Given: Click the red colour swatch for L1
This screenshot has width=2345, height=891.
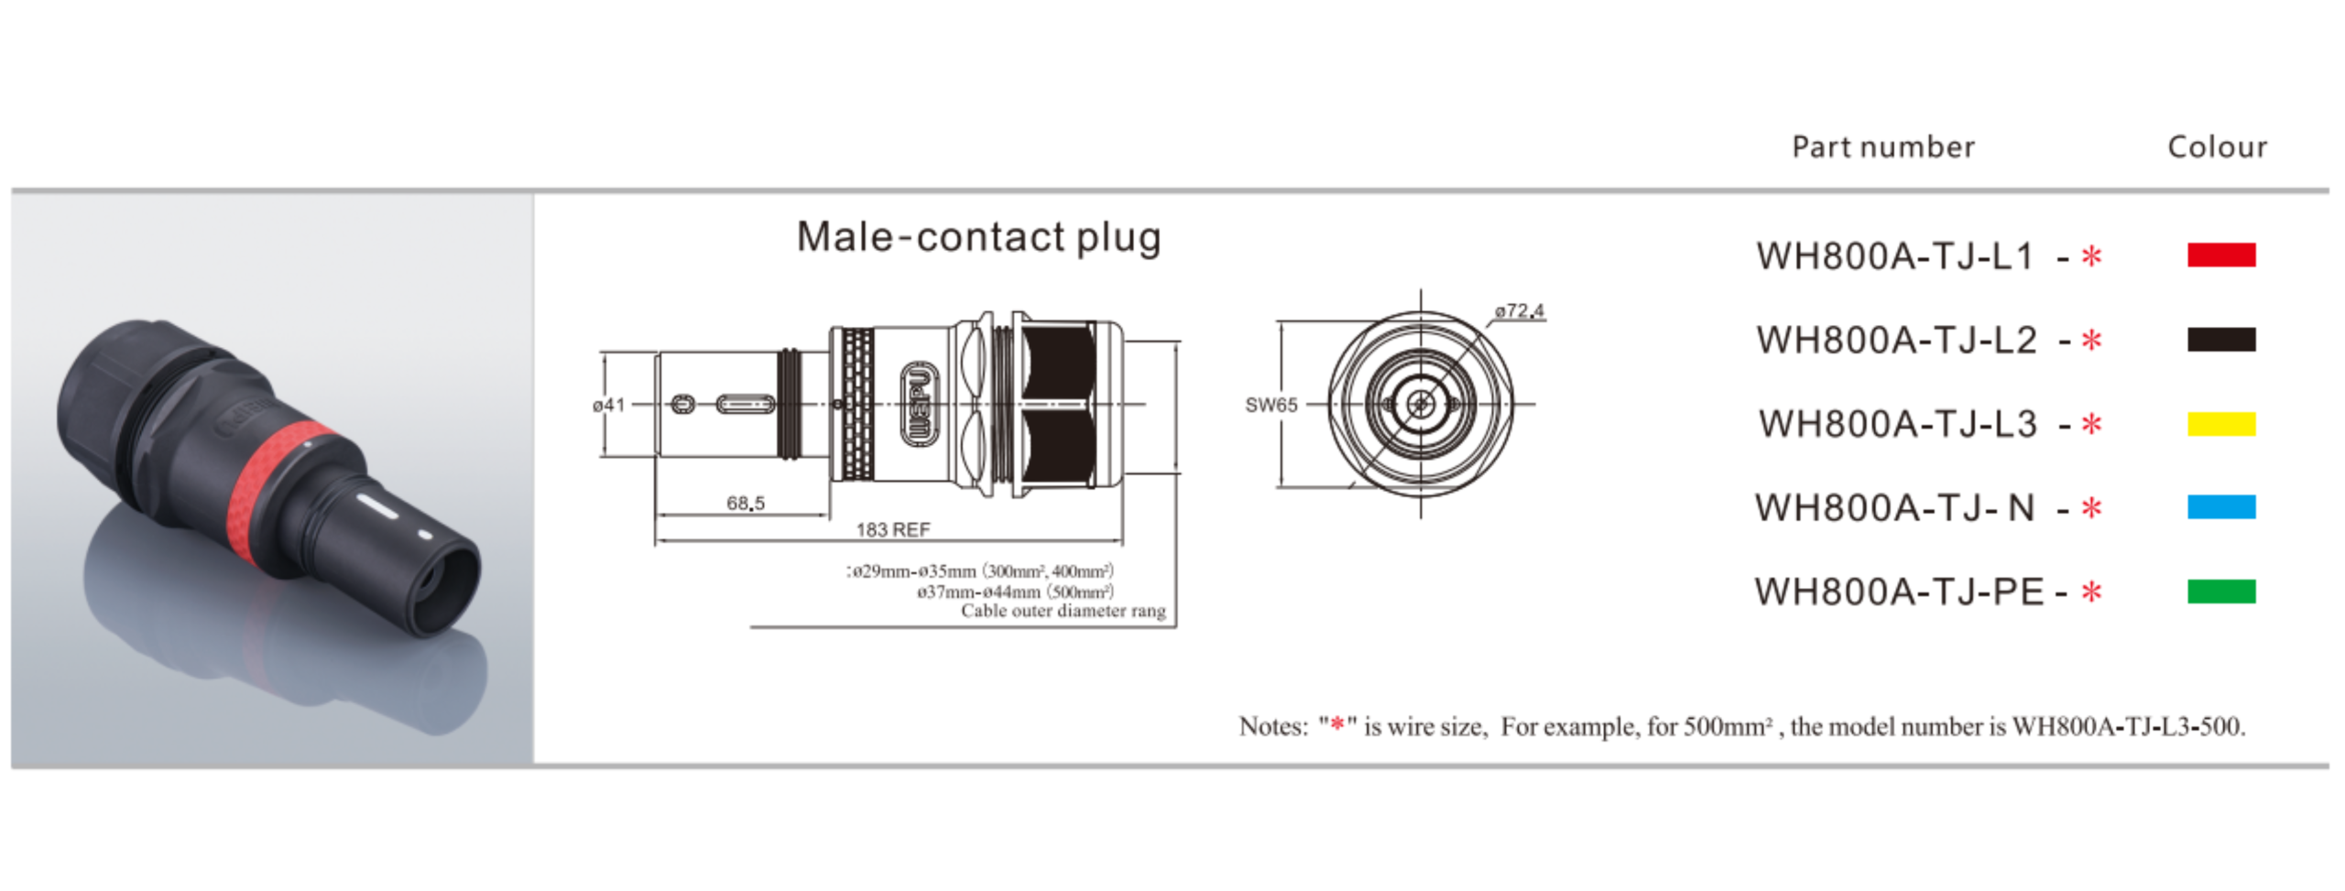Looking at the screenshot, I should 2220,255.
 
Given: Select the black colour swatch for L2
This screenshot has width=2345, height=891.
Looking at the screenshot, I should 2220,340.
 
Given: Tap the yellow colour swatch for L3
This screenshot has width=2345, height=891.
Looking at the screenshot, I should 2220,424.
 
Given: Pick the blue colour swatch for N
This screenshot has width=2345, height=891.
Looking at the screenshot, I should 2220,506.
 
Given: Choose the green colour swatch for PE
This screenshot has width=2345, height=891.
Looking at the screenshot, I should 2220,592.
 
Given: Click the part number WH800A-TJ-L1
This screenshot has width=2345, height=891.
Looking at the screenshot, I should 1894,256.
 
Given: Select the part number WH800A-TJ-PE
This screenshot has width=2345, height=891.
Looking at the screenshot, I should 1898,592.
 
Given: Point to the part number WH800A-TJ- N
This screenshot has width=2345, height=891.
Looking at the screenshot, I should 1894,508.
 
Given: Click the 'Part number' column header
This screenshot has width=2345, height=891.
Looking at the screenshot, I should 1882,147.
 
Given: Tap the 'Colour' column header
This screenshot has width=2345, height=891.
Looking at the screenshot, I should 2217,147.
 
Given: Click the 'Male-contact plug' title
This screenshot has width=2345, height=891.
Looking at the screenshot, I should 978,237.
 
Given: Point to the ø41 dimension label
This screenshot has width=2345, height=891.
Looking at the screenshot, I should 608,405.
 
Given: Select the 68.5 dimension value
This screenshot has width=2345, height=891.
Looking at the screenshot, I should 745,503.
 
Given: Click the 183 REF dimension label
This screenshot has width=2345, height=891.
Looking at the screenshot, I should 892,529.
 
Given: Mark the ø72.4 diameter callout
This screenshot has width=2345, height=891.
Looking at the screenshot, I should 1519,311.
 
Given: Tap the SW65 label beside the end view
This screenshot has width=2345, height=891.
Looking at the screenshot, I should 1271,405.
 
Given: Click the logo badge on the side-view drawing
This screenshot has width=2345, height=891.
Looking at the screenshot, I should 919,404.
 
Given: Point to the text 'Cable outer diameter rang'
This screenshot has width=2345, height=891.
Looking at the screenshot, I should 1063,611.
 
